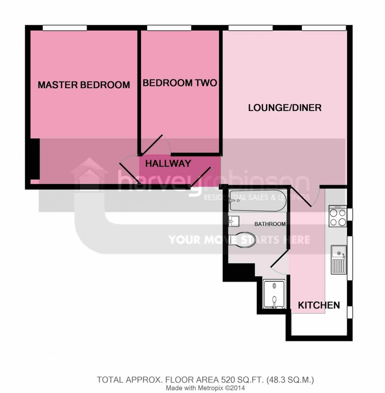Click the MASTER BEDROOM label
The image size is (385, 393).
84,85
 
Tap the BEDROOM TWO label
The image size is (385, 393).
180,83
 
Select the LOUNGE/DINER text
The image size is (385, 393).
285,108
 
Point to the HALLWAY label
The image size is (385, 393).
168,164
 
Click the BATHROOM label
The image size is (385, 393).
270,224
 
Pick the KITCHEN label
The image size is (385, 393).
319,305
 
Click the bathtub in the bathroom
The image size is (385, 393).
257,200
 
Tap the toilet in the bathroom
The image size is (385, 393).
242,239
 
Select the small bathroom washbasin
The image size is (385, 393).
234,221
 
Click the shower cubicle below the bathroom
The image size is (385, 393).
274,294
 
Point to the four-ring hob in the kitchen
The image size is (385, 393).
338,216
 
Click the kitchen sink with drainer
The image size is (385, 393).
339,260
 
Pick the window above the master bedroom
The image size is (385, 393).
65,27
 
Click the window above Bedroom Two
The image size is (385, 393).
169,27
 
